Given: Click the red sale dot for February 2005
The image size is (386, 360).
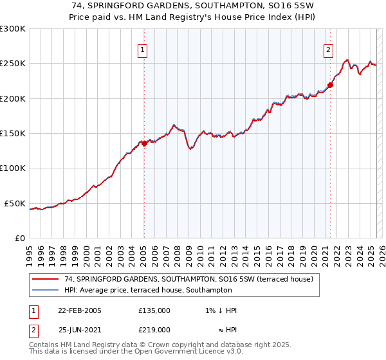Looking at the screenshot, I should coord(144,144).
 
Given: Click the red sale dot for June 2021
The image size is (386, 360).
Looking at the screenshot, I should coord(330,85).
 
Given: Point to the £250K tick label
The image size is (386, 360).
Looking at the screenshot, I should coord(12,64).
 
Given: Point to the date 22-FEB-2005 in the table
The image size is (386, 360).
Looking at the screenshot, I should coord(80,310).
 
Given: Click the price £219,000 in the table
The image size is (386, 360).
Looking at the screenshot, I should coord(154,330).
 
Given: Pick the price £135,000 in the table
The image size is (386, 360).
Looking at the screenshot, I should coord(154,310).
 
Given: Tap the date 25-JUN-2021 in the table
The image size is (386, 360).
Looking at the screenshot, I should coord(80,330).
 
